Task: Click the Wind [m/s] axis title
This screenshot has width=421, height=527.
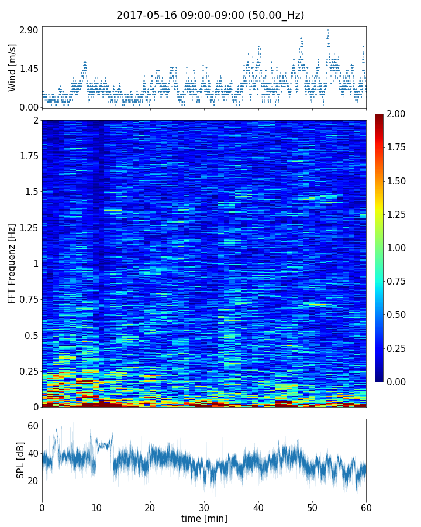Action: click(x=12, y=67)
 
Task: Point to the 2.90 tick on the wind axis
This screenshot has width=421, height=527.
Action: click(x=28, y=30)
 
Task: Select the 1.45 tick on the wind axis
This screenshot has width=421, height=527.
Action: click(x=28, y=69)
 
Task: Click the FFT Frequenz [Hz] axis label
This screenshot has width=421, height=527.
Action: click(x=12, y=263)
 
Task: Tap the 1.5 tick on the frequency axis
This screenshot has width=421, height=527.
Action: click(x=32, y=192)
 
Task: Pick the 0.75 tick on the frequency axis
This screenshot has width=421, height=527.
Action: click(x=29, y=300)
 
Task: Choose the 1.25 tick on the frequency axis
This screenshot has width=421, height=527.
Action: click(x=29, y=228)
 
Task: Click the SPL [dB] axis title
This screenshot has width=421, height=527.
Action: click(x=20, y=460)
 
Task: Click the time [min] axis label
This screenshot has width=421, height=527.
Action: click(x=204, y=518)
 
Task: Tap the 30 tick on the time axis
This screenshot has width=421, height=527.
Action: click(x=204, y=507)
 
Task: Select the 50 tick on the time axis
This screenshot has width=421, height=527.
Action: click(x=312, y=507)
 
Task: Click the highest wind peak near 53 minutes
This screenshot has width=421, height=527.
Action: click(x=328, y=30)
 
